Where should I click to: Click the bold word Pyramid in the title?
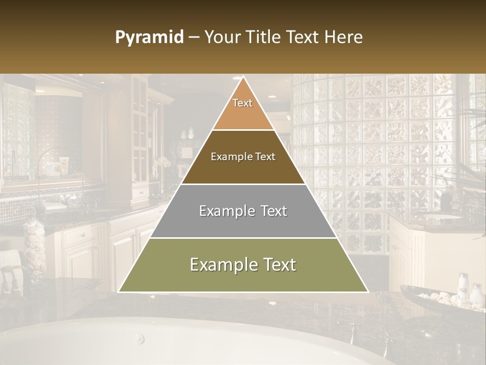pos(149,38)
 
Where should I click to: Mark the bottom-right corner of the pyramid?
pos(368,291)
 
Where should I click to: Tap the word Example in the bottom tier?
pos(221,265)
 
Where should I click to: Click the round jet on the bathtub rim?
pos(139,339)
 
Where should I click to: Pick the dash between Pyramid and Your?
pos(193,38)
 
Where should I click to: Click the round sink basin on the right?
pos(441,217)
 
